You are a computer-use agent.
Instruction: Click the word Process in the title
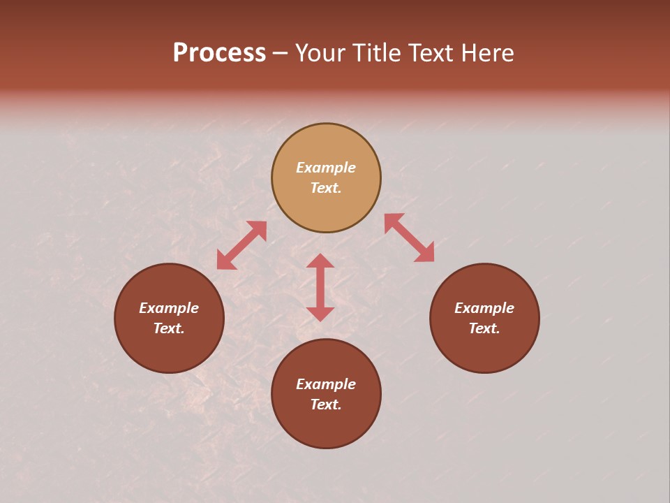[219, 53]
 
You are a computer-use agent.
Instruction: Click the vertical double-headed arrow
[320, 287]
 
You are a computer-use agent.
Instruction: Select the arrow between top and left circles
[241, 245]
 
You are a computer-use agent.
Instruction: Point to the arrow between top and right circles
[409, 238]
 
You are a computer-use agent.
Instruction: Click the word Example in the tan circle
[326, 168]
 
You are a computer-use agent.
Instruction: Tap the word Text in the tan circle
[326, 188]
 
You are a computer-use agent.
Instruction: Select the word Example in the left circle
[169, 308]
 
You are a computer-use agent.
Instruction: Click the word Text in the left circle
[169, 328]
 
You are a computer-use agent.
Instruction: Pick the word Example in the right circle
[484, 308]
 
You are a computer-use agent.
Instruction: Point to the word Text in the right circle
[484, 328]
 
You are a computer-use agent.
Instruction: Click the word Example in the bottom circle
[326, 384]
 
